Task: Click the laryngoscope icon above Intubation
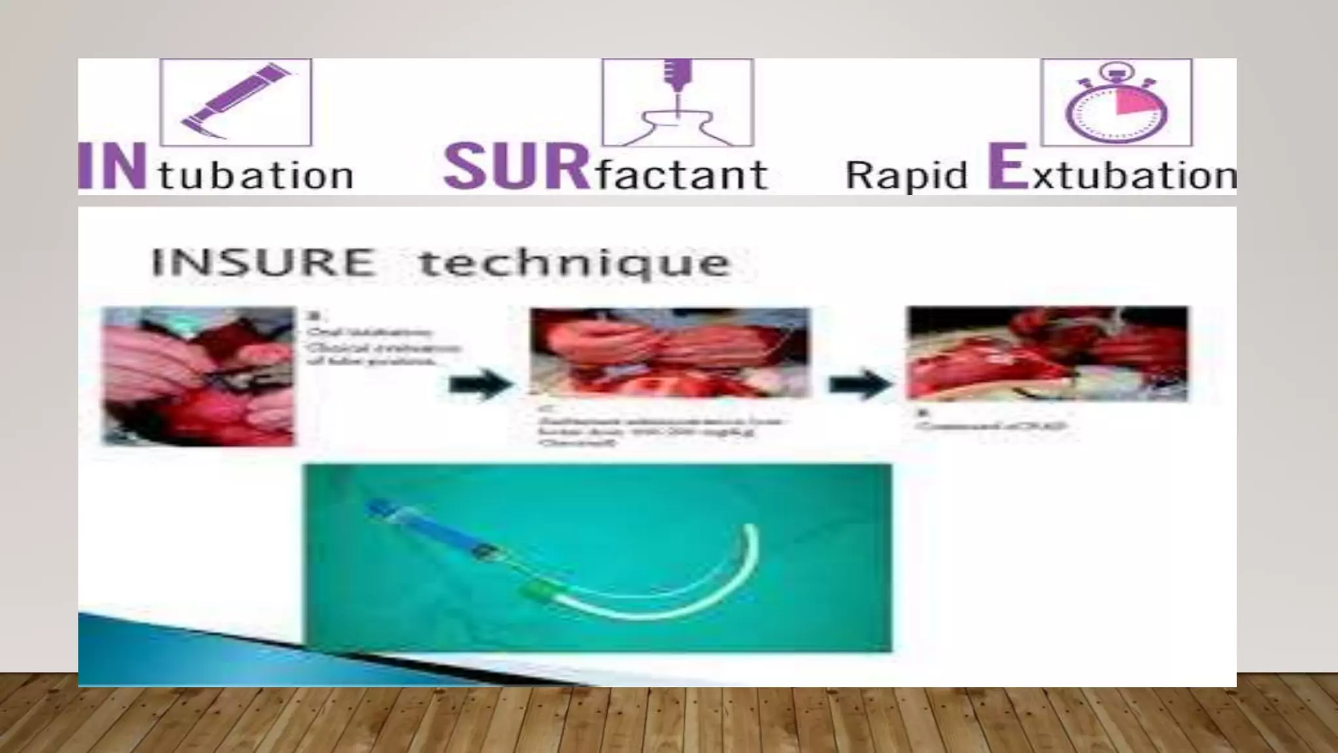pos(235,103)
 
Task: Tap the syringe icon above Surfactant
pos(677,103)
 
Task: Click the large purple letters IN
pos(112,168)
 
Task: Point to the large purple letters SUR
pos(515,167)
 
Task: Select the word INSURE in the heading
pos(263,262)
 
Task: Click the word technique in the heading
pos(574,263)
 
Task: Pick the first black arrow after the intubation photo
pos(480,384)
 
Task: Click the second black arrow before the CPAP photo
pos(858,384)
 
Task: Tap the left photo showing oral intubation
pos(199,376)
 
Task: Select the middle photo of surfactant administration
pos(669,353)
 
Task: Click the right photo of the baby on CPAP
pos(1047,353)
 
